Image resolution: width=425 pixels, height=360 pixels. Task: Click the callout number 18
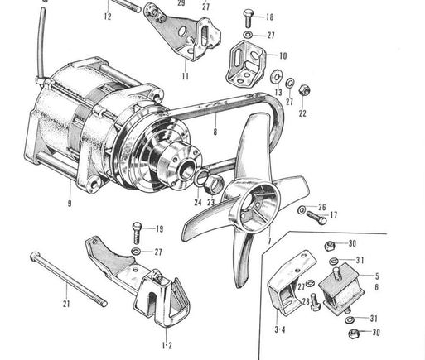point(269,17)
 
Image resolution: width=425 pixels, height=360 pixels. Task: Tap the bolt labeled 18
point(249,18)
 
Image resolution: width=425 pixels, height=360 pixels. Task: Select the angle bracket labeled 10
point(245,64)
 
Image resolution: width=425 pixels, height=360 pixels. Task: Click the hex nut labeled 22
point(304,89)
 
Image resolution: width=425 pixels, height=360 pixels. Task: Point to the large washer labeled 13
point(276,77)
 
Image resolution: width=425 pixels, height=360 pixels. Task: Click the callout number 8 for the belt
point(215,132)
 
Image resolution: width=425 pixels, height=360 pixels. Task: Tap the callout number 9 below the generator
point(70,204)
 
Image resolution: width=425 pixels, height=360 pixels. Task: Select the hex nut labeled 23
point(214,184)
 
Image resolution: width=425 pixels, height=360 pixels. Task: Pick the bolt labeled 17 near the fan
point(316,218)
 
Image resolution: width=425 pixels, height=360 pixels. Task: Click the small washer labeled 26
point(302,209)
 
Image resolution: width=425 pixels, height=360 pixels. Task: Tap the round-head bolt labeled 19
point(137,233)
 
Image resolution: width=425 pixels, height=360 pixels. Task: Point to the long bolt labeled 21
point(68,279)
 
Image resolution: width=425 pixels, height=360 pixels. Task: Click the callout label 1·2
point(167,345)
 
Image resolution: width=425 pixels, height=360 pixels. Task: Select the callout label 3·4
point(280,329)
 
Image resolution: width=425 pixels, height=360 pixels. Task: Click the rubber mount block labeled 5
point(341,290)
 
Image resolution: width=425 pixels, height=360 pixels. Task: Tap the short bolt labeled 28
point(315,302)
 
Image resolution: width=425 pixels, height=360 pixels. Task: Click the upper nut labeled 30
point(330,245)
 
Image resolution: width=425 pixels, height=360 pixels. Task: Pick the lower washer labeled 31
point(350,319)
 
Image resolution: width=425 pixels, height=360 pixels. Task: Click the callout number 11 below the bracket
point(186,76)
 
